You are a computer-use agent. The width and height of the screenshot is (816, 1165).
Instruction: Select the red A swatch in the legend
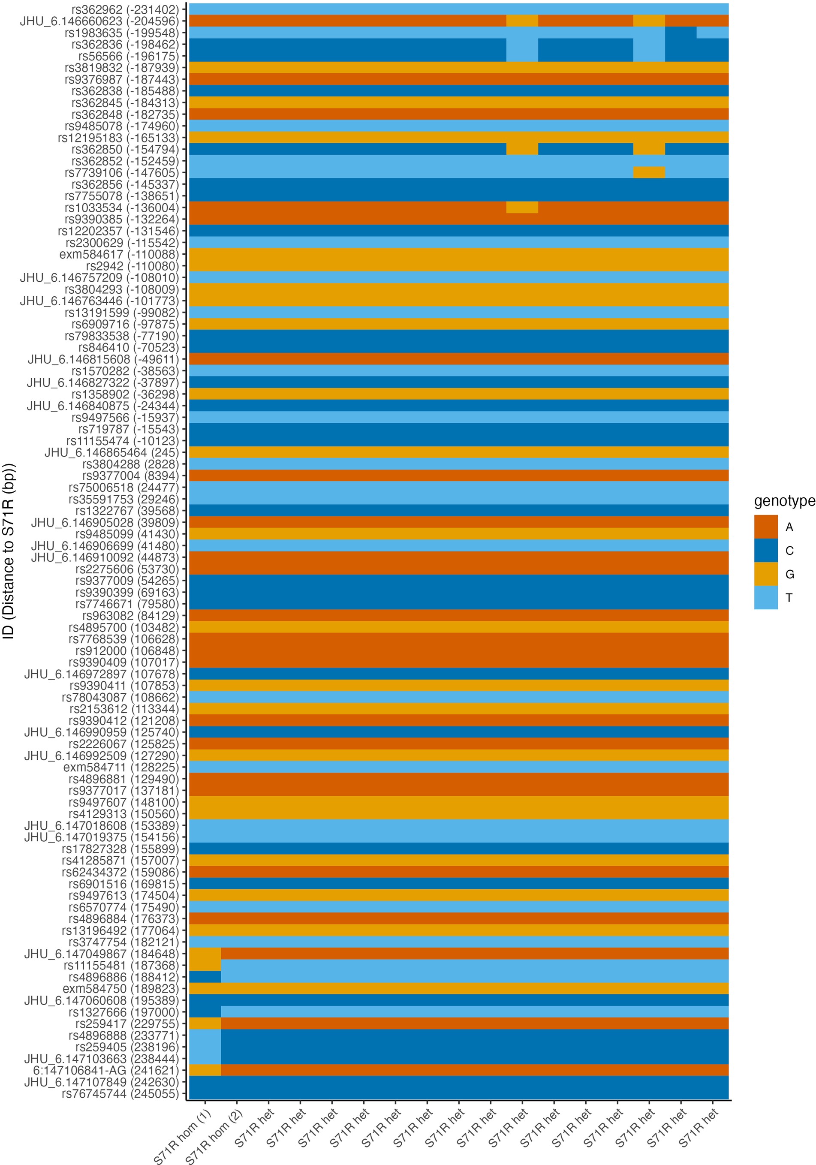[765, 527]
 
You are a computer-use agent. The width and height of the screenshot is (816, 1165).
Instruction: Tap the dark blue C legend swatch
[765, 551]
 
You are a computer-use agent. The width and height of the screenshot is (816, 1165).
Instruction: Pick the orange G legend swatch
[765, 574]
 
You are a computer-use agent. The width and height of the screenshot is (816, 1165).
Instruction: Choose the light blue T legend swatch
[765, 597]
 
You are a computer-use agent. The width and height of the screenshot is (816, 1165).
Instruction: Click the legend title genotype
[784, 501]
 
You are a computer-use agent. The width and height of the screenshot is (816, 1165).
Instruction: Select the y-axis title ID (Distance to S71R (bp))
[9, 551]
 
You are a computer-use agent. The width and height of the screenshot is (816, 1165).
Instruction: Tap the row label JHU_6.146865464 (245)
[111, 452]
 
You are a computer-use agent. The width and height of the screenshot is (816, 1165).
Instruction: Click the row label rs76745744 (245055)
[120, 1093]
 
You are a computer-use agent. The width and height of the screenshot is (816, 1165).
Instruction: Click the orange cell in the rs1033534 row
[522, 208]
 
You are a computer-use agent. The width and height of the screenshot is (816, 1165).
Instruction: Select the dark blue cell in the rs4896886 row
[205, 977]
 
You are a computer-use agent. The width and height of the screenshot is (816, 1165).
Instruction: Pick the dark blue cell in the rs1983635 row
[680, 33]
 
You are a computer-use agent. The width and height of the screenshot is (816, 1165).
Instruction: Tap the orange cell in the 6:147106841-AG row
[205, 1070]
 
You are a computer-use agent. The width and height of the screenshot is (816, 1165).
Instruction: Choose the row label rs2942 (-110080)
[132, 266]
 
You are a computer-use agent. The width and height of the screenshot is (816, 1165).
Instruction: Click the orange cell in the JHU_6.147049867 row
[205, 954]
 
